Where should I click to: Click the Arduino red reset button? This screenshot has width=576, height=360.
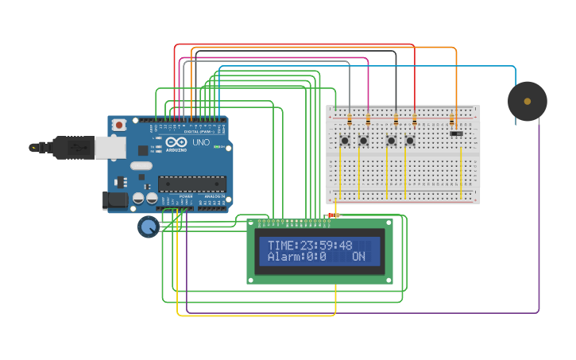[119, 125]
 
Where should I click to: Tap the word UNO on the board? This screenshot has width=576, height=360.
[200, 143]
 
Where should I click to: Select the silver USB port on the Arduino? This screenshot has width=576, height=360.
[110, 147]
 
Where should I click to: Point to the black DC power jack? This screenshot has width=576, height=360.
[115, 200]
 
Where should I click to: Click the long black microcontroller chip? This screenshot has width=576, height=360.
[191, 184]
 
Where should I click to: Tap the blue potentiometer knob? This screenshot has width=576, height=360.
[148, 227]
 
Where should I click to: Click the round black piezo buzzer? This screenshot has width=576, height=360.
[528, 101]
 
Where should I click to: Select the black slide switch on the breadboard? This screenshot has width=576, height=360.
[456, 133]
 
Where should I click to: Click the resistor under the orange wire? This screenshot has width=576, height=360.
[452, 121]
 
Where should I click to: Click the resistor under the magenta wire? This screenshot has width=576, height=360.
[368, 121]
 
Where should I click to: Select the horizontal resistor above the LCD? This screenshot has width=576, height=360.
[333, 215]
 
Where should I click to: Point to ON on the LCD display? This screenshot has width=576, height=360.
[358, 257]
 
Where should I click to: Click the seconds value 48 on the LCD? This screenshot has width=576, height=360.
[346, 246]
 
